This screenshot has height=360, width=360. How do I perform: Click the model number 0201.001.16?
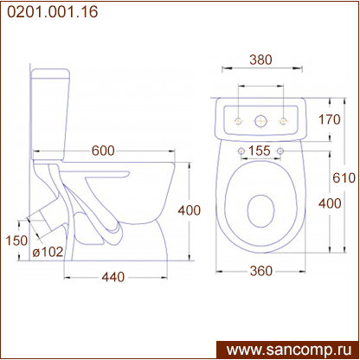(x=53, y=12)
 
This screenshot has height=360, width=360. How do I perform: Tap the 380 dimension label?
(x=260, y=60)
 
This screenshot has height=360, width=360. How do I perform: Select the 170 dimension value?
(x=330, y=119)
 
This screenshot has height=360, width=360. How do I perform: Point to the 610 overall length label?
(x=344, y=177)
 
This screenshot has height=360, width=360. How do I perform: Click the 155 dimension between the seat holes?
(x=260, y=151)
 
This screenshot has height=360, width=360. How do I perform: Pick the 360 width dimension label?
(x=261, y=271)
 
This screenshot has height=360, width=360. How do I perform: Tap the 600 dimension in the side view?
(x=103, y=151)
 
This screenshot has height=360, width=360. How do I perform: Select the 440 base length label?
(x=113, y=277)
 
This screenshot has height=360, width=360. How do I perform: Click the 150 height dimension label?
(x=16, y=241)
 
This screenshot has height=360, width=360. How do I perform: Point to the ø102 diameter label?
(x=48, y=252)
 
